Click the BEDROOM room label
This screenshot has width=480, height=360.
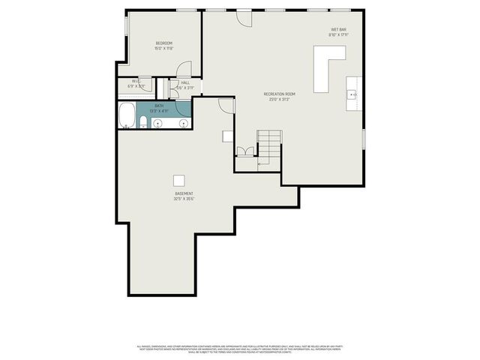(x=164, y=43)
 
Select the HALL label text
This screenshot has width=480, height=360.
(x=184, y=82)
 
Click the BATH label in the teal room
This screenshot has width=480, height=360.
(x=159, y=106)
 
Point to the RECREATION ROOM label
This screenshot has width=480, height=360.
(x=279, y=94)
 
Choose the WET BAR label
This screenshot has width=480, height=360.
(x=338, y=30)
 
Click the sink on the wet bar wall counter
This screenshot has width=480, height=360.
(x=352, y=94)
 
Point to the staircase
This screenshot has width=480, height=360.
(x=270, y=147)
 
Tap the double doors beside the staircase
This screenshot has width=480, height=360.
(x=244, y=152)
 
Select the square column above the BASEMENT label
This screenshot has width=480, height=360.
(x=178, y=180)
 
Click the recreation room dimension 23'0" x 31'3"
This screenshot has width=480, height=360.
(x=279, y=99)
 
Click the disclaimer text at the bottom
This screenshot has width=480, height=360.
(x=240, y=348)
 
